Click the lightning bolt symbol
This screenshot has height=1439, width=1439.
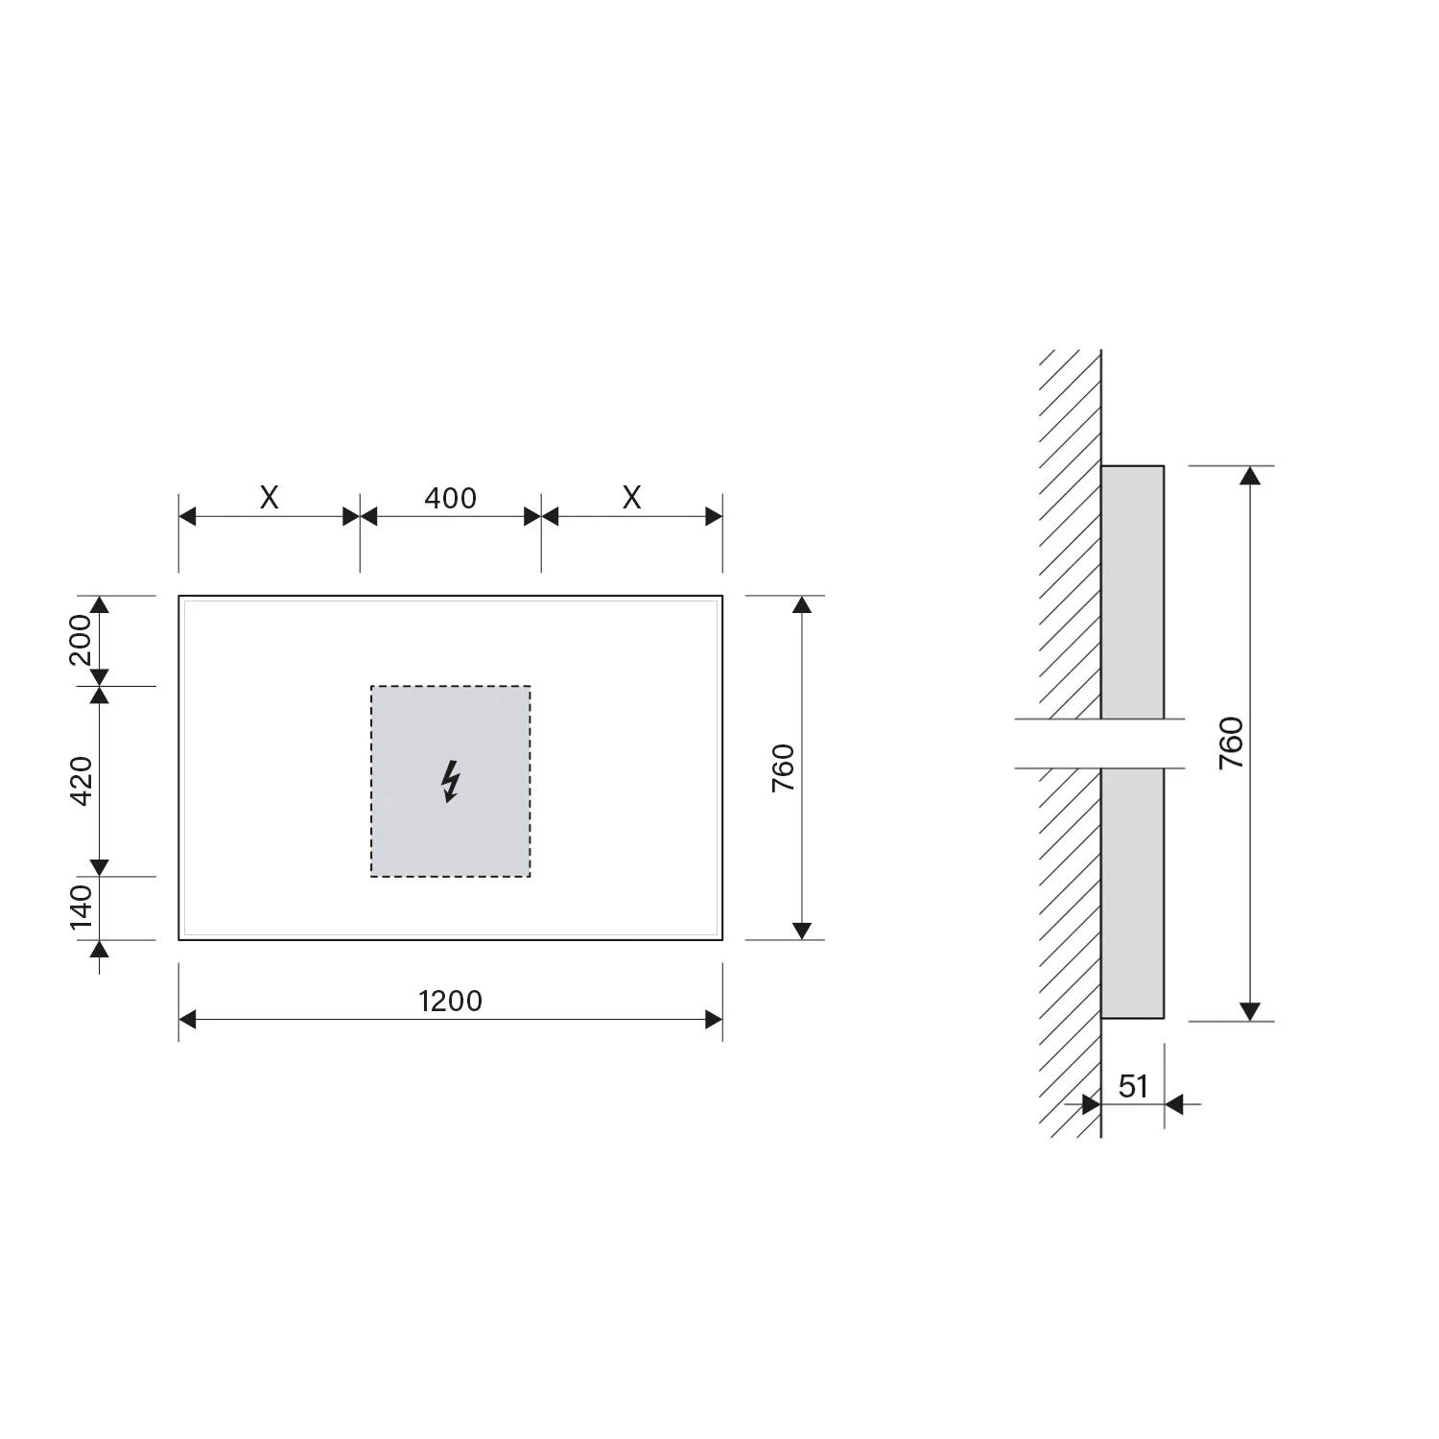450,781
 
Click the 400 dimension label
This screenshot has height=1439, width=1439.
450,498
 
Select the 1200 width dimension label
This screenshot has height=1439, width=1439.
450,1001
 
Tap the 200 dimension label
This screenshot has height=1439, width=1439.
81,640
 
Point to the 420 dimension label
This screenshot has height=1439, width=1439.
81,781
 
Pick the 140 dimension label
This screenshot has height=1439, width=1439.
81,907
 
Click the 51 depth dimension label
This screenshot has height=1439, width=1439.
1133,1086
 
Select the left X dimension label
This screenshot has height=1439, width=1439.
270,498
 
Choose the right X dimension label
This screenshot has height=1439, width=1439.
631,498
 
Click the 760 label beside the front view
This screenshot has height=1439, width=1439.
784,767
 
